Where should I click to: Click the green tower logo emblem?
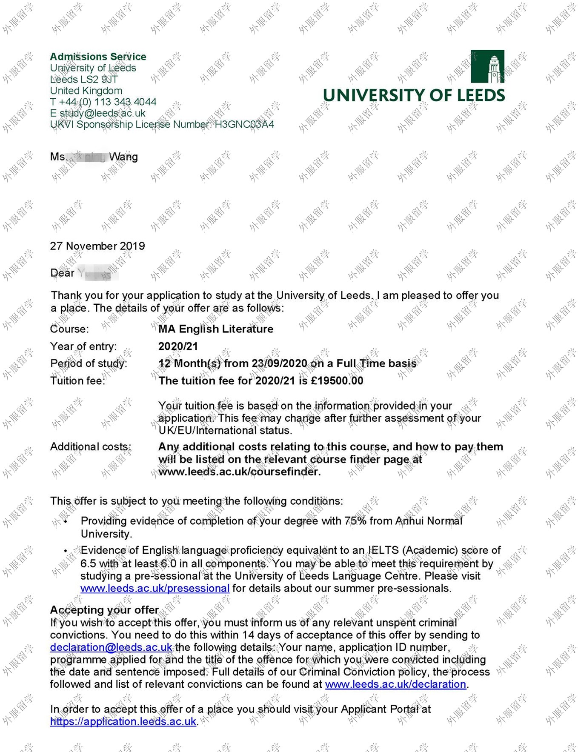[x=487, y=66]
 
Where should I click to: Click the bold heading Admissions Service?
[x=98, y=57]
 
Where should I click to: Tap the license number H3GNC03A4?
[x=244, y=124]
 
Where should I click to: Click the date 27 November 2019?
[x=97, y=246]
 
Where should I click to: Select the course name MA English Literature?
[x=216, y=329]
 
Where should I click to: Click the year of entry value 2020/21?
[x=178, y=346]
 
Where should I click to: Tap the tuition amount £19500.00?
[x=337, y=381]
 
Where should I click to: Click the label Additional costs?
[x=91, y=447]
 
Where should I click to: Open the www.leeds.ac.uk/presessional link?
[x=155, y=589]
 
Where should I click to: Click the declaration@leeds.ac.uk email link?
[x=111, y=647]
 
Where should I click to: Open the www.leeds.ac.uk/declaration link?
[x=395, y=684]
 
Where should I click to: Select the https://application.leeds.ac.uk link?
[x=123, y=722]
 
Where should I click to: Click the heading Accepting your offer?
[x=104, y=610]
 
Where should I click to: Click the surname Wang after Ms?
[x=123, y=157]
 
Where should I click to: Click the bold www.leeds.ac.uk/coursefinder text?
[x=239, y=472]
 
